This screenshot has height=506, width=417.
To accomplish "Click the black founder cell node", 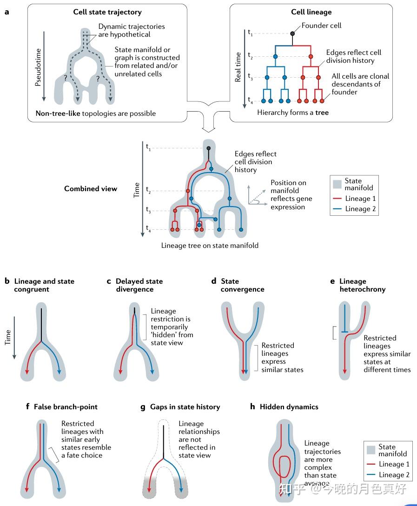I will point(292,33).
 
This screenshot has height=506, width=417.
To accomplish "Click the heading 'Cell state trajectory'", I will point(107,12).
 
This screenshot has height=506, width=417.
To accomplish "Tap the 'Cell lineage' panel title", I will point(311,12).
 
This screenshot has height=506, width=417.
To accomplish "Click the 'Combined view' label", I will point(91,189).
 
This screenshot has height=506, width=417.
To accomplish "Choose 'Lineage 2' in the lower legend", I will point(394,475).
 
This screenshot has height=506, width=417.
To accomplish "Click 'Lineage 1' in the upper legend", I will point(360,199).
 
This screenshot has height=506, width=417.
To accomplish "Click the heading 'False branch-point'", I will point(66,406).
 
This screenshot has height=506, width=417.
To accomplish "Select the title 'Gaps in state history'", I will point(185,406).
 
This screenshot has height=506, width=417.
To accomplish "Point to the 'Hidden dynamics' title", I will point(289,406).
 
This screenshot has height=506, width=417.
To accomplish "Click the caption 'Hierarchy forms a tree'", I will point(293,113).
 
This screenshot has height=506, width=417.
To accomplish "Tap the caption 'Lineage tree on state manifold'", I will point(210,245).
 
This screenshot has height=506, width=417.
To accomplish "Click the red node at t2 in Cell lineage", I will point(311,56).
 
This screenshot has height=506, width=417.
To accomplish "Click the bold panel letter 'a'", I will point(7,12).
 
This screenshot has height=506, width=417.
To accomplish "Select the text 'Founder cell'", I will point(321,26).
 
